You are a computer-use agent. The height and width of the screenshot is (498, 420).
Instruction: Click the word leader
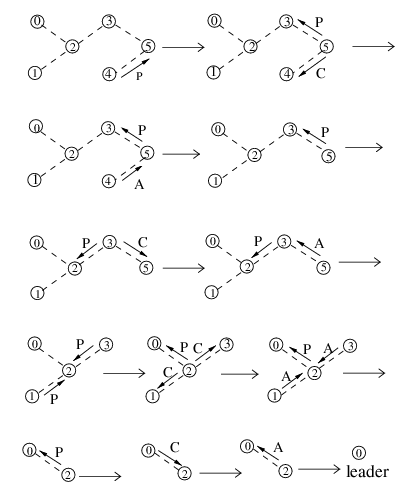(367, 472)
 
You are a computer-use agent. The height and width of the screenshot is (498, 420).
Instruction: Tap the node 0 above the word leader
(359, 453)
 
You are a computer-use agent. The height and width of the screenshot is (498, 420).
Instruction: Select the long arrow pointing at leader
(319, 469)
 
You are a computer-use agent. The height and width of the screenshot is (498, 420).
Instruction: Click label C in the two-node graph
(174, 448)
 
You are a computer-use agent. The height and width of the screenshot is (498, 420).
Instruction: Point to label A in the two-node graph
(278, 447)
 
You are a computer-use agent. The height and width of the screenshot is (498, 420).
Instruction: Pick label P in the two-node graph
(59, 452)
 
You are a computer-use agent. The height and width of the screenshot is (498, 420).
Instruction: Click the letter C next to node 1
(168, 372)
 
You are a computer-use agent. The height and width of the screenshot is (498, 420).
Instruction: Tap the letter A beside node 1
(286, 377)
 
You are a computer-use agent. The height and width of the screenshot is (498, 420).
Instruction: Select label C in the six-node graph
(320, 73)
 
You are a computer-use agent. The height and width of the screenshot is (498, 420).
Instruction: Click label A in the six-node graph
(139, 184)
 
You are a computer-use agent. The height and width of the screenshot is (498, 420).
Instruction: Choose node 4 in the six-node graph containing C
(287, 74)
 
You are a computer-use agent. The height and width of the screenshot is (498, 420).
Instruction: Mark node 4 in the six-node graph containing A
(108, 181)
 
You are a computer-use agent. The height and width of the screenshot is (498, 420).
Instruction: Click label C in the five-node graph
(142, 242)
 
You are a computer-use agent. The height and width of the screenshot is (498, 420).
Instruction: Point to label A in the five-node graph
(319, 244)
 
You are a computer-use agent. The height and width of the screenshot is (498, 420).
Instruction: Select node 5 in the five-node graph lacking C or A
(329, 156)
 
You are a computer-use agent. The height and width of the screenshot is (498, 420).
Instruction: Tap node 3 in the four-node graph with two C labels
(227, 344)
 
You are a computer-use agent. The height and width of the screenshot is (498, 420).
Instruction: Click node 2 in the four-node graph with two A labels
(314, 373)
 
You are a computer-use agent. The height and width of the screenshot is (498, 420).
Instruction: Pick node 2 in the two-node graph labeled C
(184, 473)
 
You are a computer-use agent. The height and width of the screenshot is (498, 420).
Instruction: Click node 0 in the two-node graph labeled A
(247, 446)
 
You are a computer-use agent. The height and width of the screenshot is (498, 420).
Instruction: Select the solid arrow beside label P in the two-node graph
(51, 458)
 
